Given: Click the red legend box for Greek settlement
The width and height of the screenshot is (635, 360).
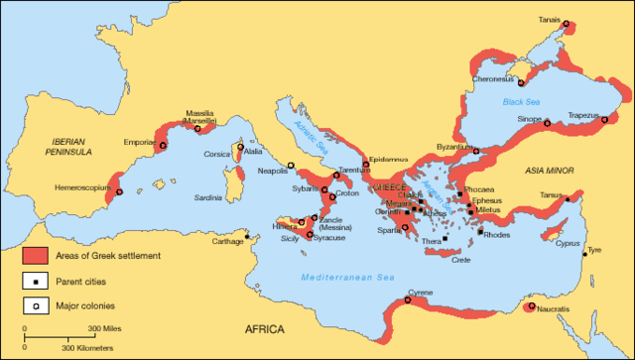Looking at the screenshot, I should (35, 255).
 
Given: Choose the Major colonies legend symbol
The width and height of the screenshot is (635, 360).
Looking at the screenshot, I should (35, 306).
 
